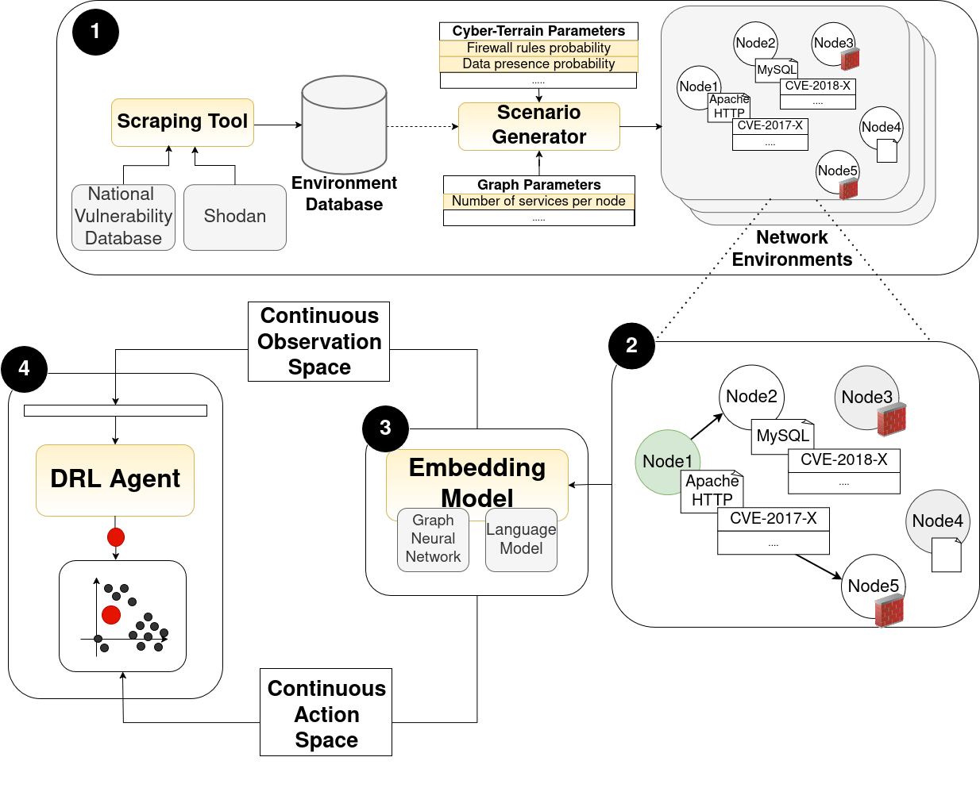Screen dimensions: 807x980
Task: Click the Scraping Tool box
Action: point(182,122)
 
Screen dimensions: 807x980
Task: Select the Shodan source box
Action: point(234,217)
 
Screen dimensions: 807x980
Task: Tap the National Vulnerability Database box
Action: point(123,217)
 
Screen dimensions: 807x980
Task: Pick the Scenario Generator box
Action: point(538,125)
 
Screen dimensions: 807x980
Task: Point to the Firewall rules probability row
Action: point(538,48)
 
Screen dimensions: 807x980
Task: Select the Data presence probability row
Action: point(538,64)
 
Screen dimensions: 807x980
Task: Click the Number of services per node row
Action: point(538,202)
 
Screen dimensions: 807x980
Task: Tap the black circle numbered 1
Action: point(95,32)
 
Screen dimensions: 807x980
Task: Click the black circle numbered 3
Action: point(385,428)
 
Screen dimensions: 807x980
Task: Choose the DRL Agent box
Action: point(115,479)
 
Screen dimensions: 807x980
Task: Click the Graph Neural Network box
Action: point(433,540)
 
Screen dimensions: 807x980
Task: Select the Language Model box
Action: point(521,540)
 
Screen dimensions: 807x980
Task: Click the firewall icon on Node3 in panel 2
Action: point(892,420)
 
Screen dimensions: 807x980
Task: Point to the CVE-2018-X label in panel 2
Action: point(843,459)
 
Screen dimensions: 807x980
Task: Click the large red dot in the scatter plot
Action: point(111,614)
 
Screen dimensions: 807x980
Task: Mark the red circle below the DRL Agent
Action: point(116,537)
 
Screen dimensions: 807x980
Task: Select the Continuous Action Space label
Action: point(326,713)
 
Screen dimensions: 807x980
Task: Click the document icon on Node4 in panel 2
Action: point(946,555)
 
